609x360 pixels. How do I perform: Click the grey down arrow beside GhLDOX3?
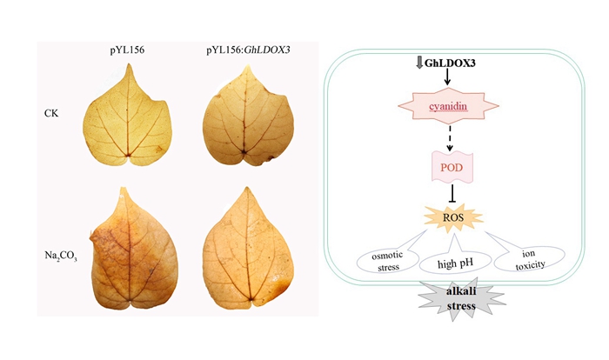point(420,63)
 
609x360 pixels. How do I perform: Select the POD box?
point(450,164)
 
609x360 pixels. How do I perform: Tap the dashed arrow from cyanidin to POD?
point(450,137)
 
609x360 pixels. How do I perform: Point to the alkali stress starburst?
point(450,300)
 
